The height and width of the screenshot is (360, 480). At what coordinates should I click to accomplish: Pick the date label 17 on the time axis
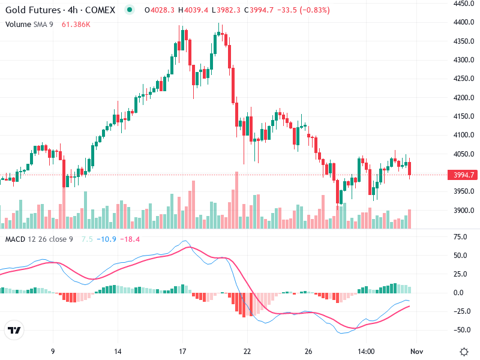183,351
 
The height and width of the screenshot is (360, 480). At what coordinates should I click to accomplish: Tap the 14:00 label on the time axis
366,351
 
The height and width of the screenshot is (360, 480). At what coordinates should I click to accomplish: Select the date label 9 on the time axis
53,351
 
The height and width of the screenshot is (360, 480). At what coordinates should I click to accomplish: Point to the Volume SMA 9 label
30,24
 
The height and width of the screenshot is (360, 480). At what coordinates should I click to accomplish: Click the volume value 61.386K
76,24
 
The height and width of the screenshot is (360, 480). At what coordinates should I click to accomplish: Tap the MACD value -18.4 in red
130,240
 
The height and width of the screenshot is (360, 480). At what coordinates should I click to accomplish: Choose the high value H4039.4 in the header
196,10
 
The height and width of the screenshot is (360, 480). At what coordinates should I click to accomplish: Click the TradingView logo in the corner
14,331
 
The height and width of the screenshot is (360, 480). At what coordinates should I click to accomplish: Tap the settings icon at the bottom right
464,351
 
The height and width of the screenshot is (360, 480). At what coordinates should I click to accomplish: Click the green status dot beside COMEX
130,10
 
